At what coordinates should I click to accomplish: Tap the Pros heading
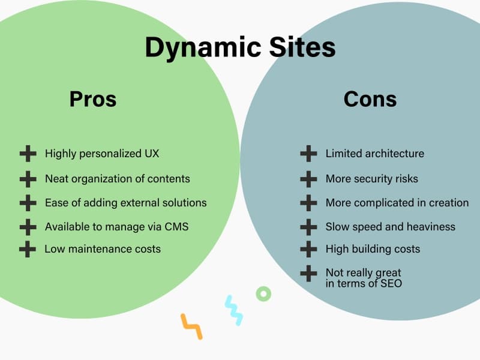pyautogui.click(x=93, y=98)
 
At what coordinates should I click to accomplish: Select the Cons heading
pyautogui.click(x=370, y=98)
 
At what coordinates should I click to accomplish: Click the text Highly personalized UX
pyautogui.click(x=102, y=154)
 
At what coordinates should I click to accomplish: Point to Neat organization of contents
pyautogui.click(x=117, y=178)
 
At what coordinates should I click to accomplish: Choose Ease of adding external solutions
pyautogui.click(x=125, y=202)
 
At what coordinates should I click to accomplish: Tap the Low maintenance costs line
pyautogui.click(x=103, y=248)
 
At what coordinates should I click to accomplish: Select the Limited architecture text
pyautogui.click(x=374, y=154)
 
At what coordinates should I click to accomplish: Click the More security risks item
pyautogui.click(x=371, y=178)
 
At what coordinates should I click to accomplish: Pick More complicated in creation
pyautogui.click(x=397, y=202)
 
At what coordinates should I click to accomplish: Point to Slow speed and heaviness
pyautogui.click(x=390, y=226)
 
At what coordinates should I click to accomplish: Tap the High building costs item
pyautogui.click(x=373, y=248)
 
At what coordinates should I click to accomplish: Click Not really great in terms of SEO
pyautogui.click(x=364, y=278)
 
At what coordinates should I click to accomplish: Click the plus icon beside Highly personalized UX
pyautogui.click(x=28, y=154)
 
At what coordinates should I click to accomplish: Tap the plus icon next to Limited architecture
pyautogui.click(x=308, y=154)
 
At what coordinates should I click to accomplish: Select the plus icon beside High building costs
pyautogui.click(x=308, y=248)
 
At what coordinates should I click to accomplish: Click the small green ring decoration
pyautogui.click(x=263, y=293)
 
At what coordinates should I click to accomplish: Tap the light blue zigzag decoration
pyautogui.click(x=233, y=310)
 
